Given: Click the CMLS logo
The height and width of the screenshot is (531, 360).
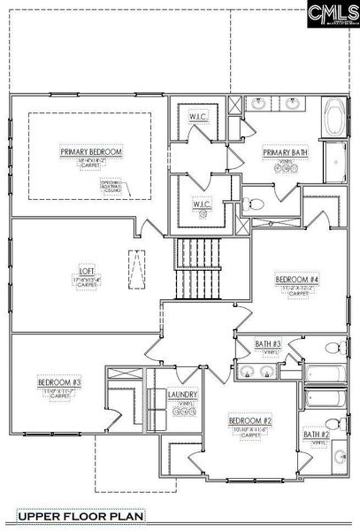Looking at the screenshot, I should point(325,16).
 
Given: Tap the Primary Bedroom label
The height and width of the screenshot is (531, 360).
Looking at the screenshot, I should point(91,152).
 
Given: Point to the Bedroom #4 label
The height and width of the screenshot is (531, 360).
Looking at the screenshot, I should point(291,279).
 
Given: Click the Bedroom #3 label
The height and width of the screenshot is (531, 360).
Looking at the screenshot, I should point(59,382).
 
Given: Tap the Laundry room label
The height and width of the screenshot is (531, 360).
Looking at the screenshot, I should point(183,395).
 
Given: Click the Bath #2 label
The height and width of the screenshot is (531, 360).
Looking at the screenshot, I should point(316,435).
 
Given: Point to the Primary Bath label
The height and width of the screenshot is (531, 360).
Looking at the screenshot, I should point(284,152).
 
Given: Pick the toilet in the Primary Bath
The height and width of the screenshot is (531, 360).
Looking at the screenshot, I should point(255,204).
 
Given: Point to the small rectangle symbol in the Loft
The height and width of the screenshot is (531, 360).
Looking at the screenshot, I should point(136,265).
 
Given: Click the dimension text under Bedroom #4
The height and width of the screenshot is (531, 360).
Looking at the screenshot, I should point(291,289).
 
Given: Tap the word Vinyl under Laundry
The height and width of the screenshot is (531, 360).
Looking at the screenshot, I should point(183,404).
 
